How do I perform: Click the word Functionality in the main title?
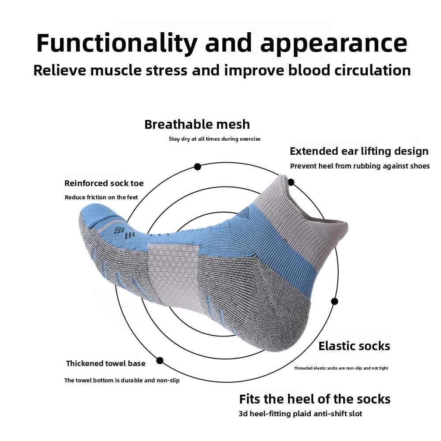[x=116, y=43]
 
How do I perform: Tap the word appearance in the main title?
[x=333, y=43]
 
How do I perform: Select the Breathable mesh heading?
[x=197, y=124]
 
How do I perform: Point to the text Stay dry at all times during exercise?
[x=215, y=139]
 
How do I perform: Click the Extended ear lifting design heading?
[x=359, y=151]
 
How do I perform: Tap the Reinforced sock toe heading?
[x=104, y=183]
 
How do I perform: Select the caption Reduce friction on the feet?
[x=101, y=197]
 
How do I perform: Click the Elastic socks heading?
[x=354, y=346]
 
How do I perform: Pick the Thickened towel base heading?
[x=105, y=363]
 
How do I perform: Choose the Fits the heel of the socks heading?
[x=315, y=399]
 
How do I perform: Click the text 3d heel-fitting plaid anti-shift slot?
[x=300, y=414]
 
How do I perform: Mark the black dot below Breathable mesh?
[x=198, y=167]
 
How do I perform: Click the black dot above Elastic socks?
[x=335, y=301]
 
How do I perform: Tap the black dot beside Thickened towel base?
[x=160, y=360]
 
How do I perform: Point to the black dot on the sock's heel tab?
[x=291, y=182]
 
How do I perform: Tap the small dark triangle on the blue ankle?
[x=244, y=213]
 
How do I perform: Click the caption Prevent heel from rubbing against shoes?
[x=360, y=166]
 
